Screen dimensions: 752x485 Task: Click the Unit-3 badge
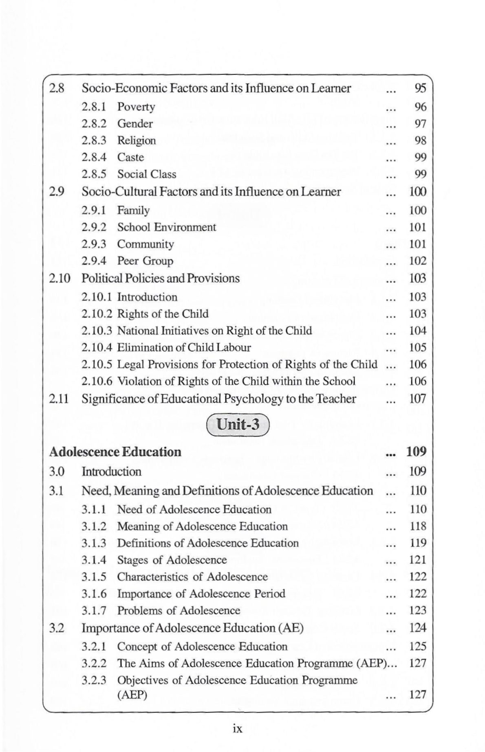(238, 425)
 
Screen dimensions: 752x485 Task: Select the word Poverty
(136, 107)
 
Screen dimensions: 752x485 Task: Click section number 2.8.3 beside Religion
(94, 140)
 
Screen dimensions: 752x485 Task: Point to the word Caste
(130, 157)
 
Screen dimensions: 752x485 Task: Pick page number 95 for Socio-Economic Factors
(420, 88)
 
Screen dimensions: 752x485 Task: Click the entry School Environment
(166, 227)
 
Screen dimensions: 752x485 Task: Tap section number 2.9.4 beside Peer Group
(94, 261)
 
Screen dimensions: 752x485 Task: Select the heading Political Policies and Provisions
(161, 278)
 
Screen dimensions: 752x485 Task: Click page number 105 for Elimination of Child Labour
(418, 347)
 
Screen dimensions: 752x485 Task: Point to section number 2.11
(60, 399)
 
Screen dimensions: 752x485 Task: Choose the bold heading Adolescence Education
(115, 452)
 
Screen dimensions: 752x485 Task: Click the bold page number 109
(416, 452)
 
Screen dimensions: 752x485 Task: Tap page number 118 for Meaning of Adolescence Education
(418, 526)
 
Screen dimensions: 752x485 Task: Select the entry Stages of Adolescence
(172, 560)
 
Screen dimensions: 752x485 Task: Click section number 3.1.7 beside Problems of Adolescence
(94, 610)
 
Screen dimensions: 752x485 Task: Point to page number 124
(418, 627)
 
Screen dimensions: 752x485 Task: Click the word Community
(145, 244)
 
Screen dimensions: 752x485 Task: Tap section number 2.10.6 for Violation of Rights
(97, 381)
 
